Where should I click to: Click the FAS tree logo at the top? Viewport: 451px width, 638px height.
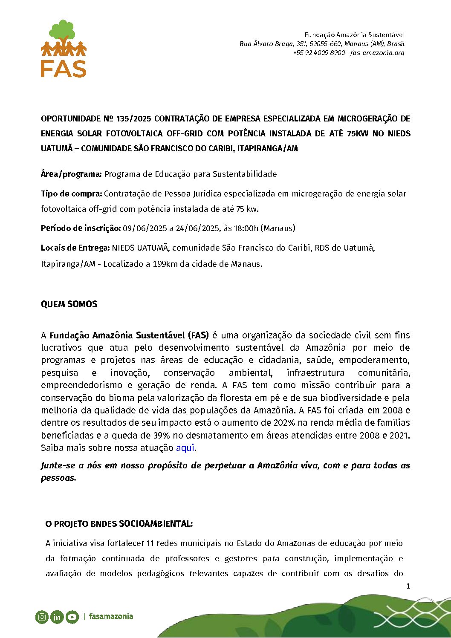point(64,48)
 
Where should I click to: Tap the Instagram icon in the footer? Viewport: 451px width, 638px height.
point(42,617)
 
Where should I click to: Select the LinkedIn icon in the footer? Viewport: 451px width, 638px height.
point(57,617)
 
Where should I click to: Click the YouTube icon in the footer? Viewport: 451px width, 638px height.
point(72,617)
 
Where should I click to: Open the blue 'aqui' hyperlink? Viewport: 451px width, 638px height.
point(185,448)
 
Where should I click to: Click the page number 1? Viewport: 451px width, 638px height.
point(408,586)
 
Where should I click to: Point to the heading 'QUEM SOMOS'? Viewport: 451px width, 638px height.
point(69,304)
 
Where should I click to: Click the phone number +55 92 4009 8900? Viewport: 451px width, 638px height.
point(319,53)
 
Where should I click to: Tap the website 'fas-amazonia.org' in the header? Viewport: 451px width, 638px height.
point(377,53)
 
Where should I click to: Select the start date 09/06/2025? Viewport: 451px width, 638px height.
point(145,228)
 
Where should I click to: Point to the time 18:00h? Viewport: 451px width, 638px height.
point(246,228)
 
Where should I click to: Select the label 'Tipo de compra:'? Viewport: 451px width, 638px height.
point(71,194)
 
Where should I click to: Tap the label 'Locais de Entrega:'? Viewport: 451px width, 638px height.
point(75,248)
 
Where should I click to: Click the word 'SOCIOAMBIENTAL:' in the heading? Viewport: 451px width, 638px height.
point(156,524)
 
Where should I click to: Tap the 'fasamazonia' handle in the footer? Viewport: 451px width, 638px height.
point(111,617)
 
